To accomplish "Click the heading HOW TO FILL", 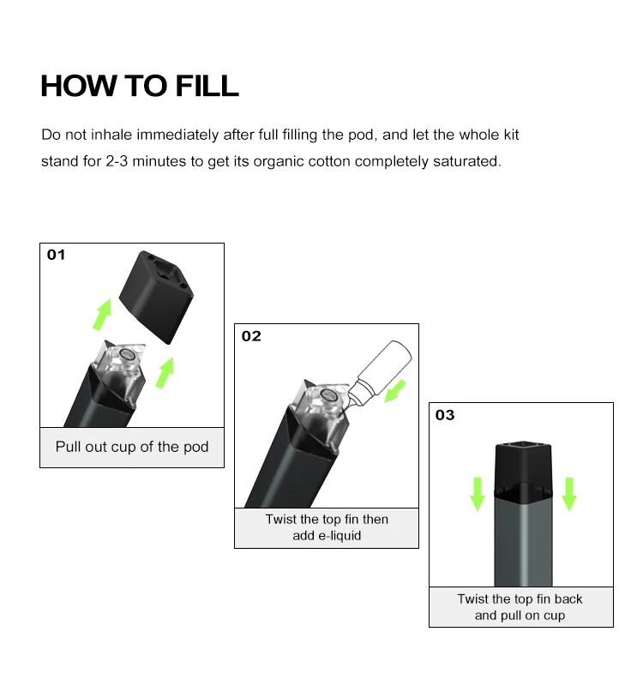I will pos(140,87).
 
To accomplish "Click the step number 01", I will pos(56,255).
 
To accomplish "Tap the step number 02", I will pos(251,336).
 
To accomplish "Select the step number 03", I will pos(445,415).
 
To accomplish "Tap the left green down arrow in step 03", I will pos(478,492).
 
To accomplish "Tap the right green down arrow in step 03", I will pos(568,492).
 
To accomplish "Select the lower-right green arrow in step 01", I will pos(165,370).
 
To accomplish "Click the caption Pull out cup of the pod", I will pos(132,447).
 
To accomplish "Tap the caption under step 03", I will pos(520,607).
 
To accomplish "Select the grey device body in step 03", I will pos(521,540).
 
